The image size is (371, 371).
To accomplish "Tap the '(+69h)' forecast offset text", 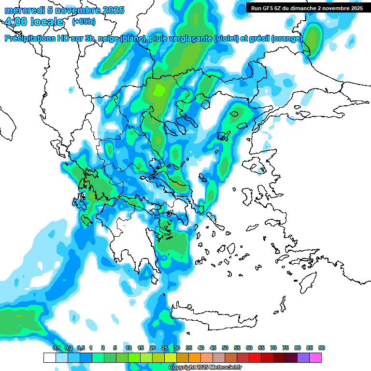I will [x=83, y=22].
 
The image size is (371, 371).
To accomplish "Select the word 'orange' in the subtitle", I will [x=288, y=38].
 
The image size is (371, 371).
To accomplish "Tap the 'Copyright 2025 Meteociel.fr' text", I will [x=205, y=368].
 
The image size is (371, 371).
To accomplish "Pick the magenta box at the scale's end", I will [x=315, y=357].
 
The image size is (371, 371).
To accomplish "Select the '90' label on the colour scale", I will [x=322, y=348].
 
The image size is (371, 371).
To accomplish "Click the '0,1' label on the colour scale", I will [x=56, y=348].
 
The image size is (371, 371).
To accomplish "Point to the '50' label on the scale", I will [x=225, y=348].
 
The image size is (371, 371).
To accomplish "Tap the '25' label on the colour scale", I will [x=165, y=348].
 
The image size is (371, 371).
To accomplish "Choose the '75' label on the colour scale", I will [x=285, y=348].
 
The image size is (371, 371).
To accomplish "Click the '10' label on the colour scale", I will [x=128, y=348].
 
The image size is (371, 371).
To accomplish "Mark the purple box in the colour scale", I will [x=303, y=357].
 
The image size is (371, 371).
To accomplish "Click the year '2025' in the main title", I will [x=113, y=10].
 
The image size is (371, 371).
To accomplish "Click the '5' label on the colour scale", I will [x=115, y=348].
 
